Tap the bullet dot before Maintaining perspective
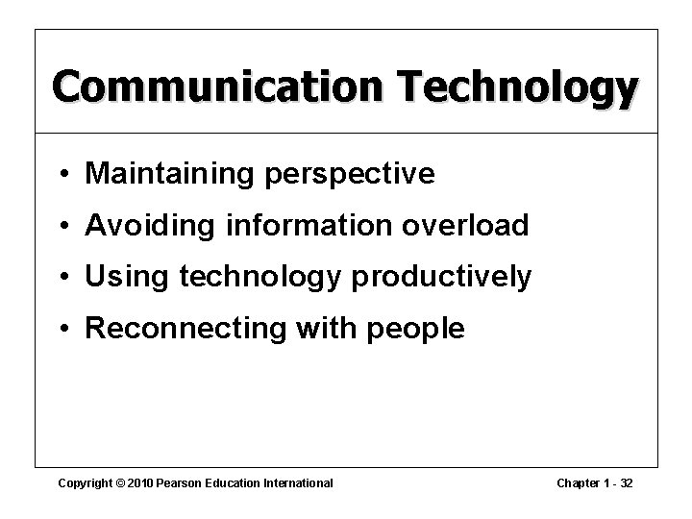point(63,174)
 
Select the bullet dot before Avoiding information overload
point(63,226)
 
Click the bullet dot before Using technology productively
point(63,278)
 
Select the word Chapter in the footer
point(575,482)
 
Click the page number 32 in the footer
point(627,482)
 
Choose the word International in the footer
point(297,482)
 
